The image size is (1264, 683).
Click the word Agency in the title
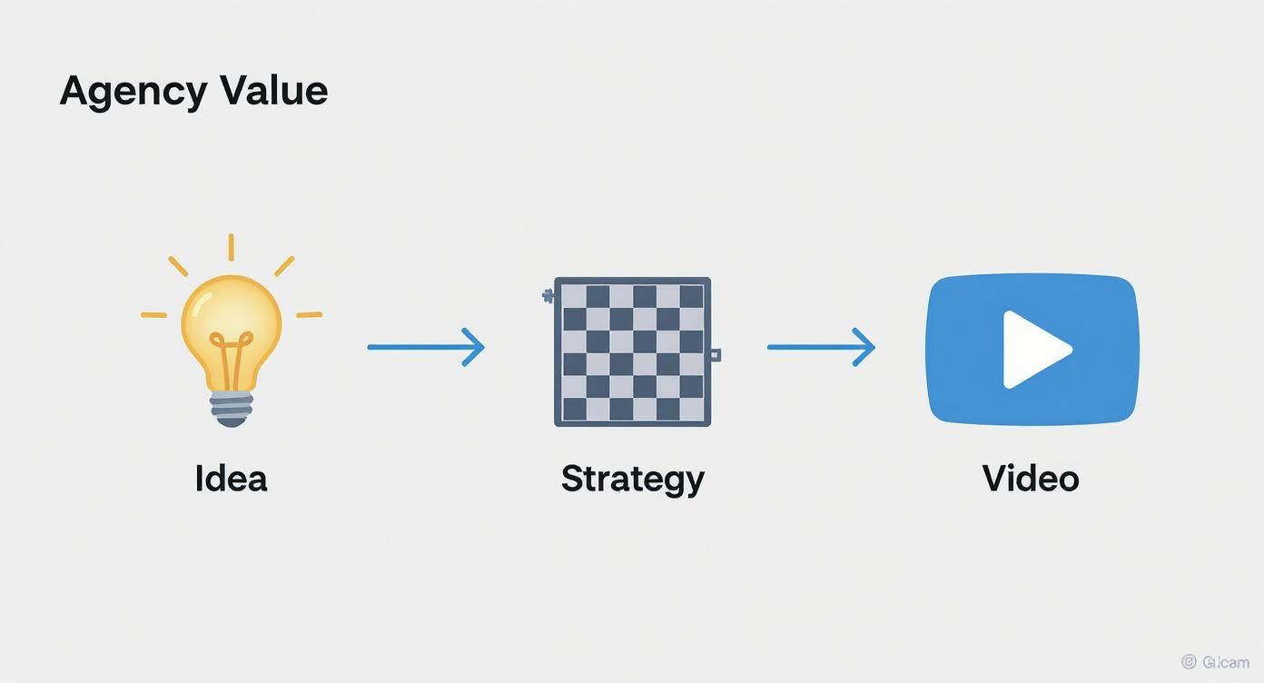click(x=133, y=92)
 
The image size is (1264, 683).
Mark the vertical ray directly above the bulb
click(x=231, y=247)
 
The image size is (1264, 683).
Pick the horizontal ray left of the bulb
click(x=153, y=315)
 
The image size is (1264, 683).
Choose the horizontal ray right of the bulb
click(x=309, y=315)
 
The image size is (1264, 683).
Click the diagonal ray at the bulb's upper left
click(x=178, y=266)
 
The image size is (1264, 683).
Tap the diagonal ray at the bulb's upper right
click(x=284, y=266)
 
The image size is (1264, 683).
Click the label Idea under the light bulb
click(x=231, y=479)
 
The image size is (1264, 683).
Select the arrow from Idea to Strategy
click(x=425, y=347)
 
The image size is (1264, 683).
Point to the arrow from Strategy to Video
click(x=820, y=347)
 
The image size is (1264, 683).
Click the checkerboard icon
click(x=632, y=351)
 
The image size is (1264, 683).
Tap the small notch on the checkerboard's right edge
click(x=716, y=354)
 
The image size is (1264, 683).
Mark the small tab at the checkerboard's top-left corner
click(x=548, y=295)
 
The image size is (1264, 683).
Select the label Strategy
click(x=632, y=479)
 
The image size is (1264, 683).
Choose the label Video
click(x=1031, y=479)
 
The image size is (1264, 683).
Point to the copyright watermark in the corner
click(x=1215, y=663)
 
